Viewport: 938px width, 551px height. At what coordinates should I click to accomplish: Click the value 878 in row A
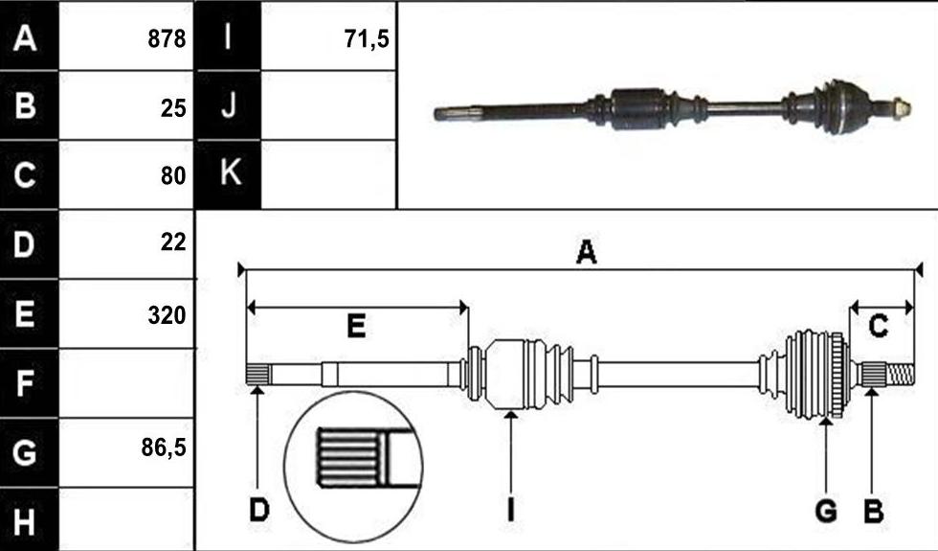click(x=167, y=39)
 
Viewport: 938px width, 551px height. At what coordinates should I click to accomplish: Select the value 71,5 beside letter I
click(x=367, y=39)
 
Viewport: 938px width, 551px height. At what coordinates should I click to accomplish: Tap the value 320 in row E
click(x=167, y=315)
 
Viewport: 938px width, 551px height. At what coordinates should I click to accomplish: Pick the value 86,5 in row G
click(x=164, y=448)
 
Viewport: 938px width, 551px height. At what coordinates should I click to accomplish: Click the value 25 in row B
click(x=173, y=108)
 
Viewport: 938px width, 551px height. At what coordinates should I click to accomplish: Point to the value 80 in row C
click(x=173, y=176)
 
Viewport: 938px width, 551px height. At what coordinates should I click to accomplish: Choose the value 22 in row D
click(x=173, y=241)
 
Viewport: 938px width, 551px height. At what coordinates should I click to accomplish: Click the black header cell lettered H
click(x=29, y=519)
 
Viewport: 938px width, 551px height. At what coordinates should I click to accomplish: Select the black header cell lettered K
click(x=229, y=174)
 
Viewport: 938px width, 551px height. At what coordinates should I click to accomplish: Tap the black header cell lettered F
click(x=29, y=383)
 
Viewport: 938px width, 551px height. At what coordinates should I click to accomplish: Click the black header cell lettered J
click(x=229, y=105)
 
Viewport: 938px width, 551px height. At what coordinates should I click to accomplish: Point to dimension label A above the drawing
click(x=586, y=252)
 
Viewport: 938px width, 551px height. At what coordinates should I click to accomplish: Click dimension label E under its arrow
click(x=356, y=327)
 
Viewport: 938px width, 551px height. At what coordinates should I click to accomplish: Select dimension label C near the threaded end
click(x=879, y=327)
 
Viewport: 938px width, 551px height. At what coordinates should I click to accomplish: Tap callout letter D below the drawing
click(x=259, y=511)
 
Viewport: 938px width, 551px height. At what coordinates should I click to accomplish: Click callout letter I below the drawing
click(x=510, y=511)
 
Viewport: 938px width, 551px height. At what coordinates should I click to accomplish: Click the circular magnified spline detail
click(x=353, y=468)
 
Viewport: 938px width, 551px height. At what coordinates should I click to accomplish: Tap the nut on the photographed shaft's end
click(x=902, y=109)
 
